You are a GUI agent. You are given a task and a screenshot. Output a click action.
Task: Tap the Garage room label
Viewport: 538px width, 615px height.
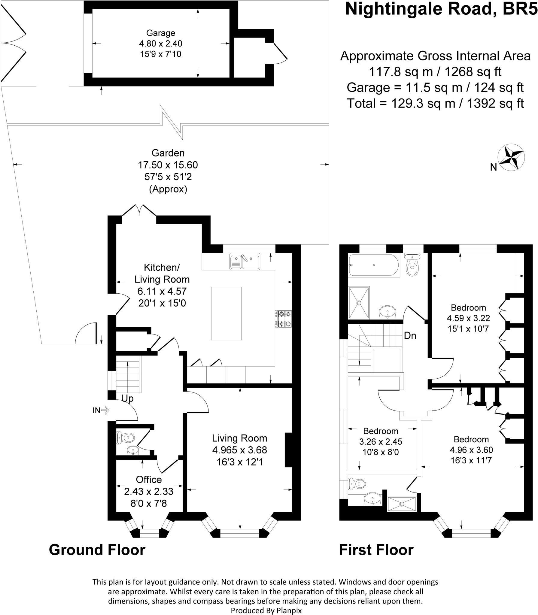pyautogui.click(x=160, y=33)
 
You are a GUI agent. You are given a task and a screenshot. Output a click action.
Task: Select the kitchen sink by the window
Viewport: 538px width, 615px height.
pyautogui.click(x=245, y=262)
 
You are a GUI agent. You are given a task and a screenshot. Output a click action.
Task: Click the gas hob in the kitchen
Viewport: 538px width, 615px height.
pyautogui.click(x=284, y=319)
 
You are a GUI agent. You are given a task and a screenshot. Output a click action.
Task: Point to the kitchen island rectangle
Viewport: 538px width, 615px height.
pyautogui.click(x=226, y=313)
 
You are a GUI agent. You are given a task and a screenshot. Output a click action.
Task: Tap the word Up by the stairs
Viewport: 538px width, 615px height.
pyautogui.click(x=127, y=398)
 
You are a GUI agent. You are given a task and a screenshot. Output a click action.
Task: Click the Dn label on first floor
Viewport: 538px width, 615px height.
pyautogui.click(x=410, y=335)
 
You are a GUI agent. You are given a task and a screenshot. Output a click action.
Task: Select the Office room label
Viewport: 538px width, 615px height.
pyautogui.click(x=149, y=479)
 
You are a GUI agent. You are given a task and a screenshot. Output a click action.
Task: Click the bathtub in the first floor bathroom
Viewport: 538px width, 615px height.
pyautogui.click(x=374, y=265)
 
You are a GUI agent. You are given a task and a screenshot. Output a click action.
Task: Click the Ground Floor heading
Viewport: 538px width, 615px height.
pyautogui.click(x=97, y=550)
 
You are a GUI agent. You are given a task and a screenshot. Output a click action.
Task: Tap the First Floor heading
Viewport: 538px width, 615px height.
pyautogui.click(x=376, y=550)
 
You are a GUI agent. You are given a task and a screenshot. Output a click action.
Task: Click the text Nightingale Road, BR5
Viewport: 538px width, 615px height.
pyautogui.click(x=441, y=9)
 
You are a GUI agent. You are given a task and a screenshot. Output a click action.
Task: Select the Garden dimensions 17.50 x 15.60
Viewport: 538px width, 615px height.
pyautogui.click(x=168, y=165)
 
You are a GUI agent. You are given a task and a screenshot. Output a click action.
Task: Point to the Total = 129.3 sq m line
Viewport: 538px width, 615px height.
pyautogui.click(x=435, y=103)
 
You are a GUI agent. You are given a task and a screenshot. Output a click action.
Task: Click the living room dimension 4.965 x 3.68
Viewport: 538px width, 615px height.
pyautogui.click(x=239, y=450)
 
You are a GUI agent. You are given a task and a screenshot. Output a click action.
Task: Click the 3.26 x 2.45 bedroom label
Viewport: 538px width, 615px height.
pyautogui.click(x=381, y=441)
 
